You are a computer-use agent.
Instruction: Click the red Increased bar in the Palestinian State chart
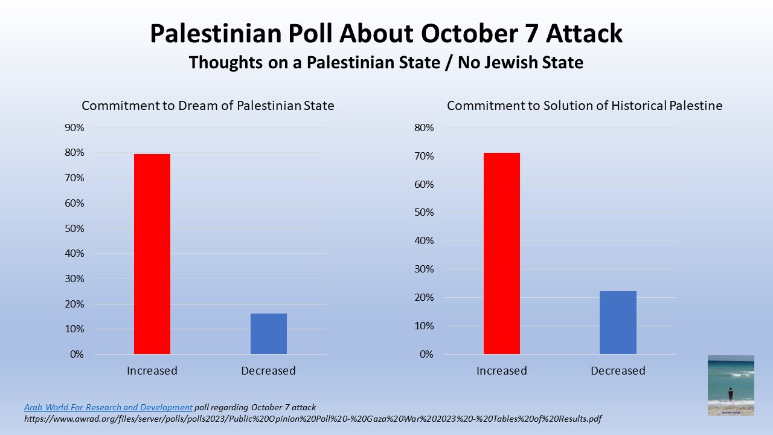[x=152, y=254]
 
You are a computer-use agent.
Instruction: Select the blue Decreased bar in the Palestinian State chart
[x=269, y=333]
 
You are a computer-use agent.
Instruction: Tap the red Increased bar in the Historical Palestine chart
[x=502, y=253]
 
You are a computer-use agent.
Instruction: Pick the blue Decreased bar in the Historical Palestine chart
[x=618, y=323]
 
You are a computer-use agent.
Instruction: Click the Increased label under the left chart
[x=152, y=370]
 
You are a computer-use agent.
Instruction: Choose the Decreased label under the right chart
[x=618, y=370]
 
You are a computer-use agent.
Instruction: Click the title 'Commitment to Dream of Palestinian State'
[x=208, y=106]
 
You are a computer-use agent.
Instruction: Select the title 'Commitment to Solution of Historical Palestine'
[x=585, y=106]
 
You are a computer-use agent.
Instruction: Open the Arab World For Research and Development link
[x=108, y=407]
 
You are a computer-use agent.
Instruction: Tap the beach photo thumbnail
[x=731, y=385]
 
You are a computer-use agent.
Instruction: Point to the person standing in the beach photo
[x=731, y=394]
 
